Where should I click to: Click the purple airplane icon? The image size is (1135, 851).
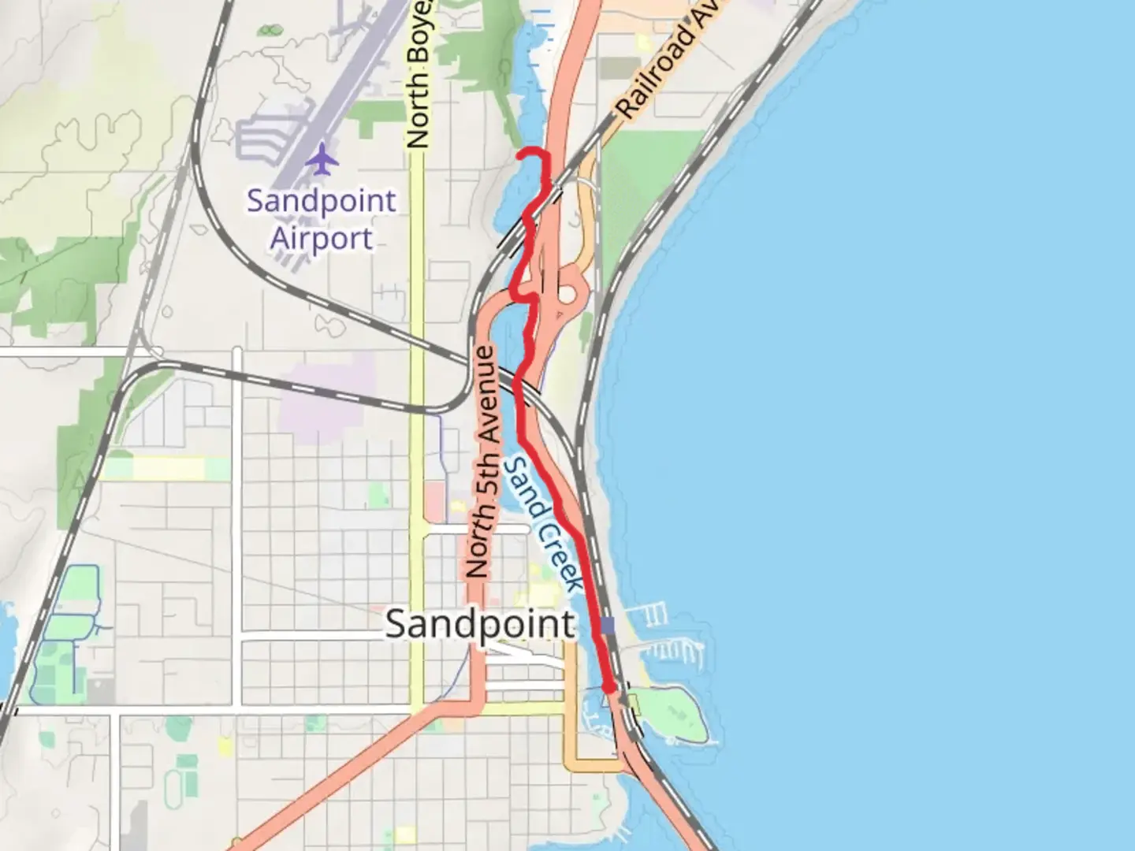coord(322,159)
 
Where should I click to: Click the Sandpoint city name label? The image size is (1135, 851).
coord(479,625)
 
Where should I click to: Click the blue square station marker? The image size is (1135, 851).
coord(607,626)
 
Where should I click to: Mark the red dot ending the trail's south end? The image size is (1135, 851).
coord(608,688)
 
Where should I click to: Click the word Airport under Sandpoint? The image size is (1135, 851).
coord(321,238)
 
